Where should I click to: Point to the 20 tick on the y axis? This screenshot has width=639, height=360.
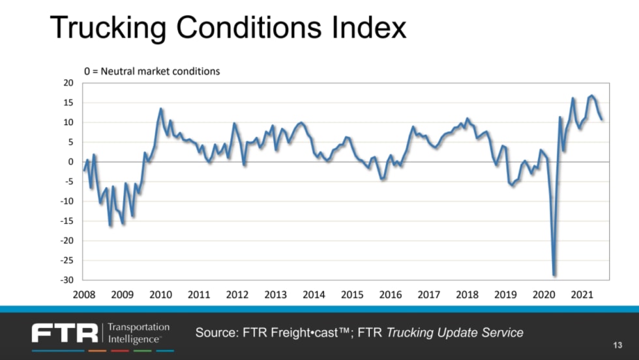point(68,83)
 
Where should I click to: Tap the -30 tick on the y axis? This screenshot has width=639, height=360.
point(67,280)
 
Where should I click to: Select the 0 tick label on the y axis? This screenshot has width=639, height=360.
point(71,162)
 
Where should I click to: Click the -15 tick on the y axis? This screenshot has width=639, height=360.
point(67,220)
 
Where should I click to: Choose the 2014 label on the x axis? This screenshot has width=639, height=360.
point(314,295)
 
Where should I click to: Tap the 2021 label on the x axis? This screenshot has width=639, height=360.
point(582,295)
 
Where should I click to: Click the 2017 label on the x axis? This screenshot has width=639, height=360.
point(428,295)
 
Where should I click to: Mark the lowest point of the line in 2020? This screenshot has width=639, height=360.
point(554,275)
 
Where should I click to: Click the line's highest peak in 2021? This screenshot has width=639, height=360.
point(592,96)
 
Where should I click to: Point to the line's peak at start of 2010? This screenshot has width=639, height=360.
point(161,109)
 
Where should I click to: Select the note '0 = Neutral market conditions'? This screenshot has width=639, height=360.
point(151,71)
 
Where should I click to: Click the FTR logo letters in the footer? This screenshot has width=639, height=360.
point(65,333)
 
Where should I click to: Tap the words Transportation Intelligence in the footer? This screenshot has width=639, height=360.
point(138,333)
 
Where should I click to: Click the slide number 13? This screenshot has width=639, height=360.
point(618,344)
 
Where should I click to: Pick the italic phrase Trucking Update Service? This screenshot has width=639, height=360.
point(455,333)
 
